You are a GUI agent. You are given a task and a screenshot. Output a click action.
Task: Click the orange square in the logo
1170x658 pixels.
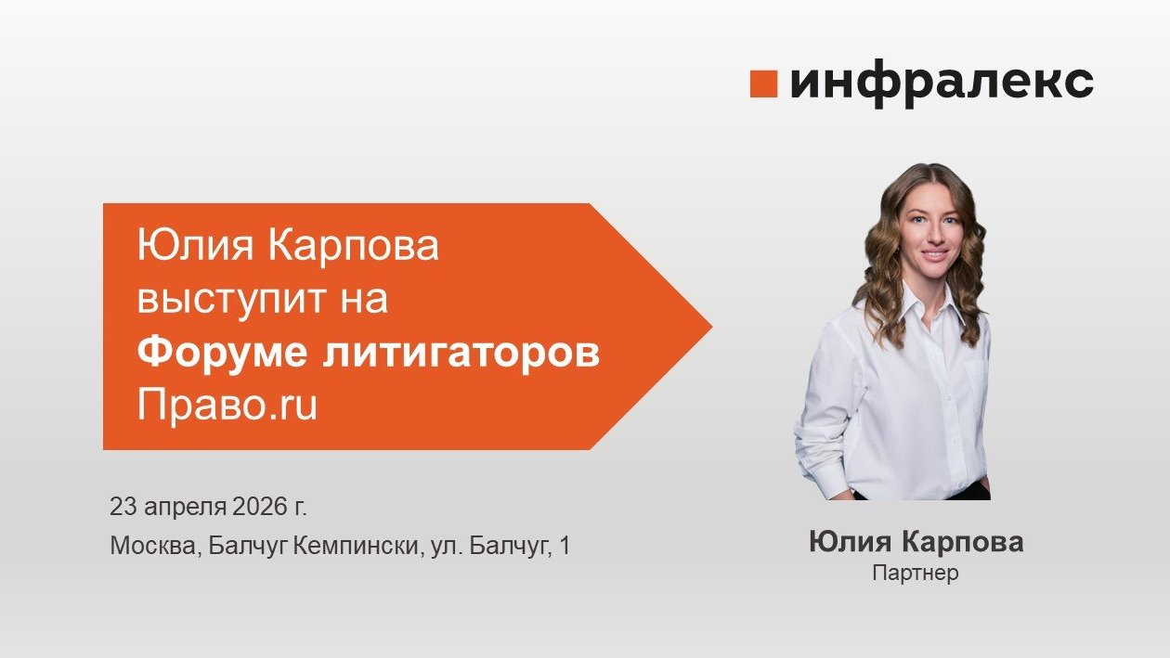[762, 84]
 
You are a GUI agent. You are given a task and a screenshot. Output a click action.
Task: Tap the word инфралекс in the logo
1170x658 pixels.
[942, 84]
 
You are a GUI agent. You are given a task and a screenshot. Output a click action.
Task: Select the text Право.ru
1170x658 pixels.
[227, 406]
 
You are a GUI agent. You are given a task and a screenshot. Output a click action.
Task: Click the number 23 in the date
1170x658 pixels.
[122, 508]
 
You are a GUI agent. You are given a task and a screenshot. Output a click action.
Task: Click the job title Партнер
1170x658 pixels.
[915, 574]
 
